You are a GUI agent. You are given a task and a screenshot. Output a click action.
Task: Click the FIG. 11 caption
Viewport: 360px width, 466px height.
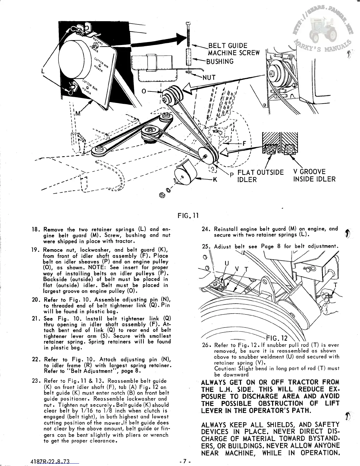[x=189, y=216]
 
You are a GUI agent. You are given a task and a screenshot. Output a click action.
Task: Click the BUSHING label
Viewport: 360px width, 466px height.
[x=220, y=61]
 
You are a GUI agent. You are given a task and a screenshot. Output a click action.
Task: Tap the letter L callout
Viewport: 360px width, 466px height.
[x=43, y=71]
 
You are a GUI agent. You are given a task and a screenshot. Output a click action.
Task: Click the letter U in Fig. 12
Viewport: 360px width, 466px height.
[x=226, y=263]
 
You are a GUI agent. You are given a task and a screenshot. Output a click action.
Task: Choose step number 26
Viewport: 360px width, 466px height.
[x=205, y=345]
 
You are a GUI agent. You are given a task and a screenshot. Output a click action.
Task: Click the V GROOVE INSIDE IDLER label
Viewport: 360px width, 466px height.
[x=314, y=175]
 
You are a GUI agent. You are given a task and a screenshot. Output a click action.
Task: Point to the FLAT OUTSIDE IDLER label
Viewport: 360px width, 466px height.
[x=260, y=176]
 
